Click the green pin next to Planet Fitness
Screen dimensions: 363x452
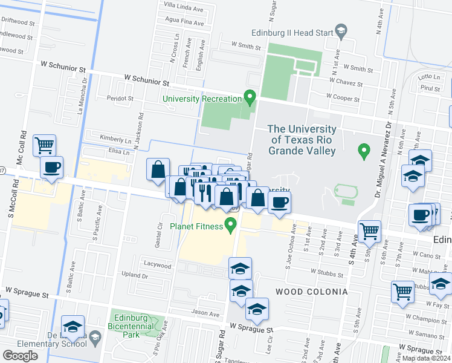tap(230, 226)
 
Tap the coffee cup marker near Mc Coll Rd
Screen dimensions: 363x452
tap(51, 167)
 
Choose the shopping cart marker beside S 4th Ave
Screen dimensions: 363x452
tap(369, 230)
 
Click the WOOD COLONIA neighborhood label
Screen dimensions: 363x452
tap(311, 292)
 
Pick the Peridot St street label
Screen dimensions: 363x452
tap(120, 97)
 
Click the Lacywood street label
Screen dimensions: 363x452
tap(158, 264)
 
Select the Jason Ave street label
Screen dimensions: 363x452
tap(205, 314)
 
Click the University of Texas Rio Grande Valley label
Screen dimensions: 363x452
tap(302, 140)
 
